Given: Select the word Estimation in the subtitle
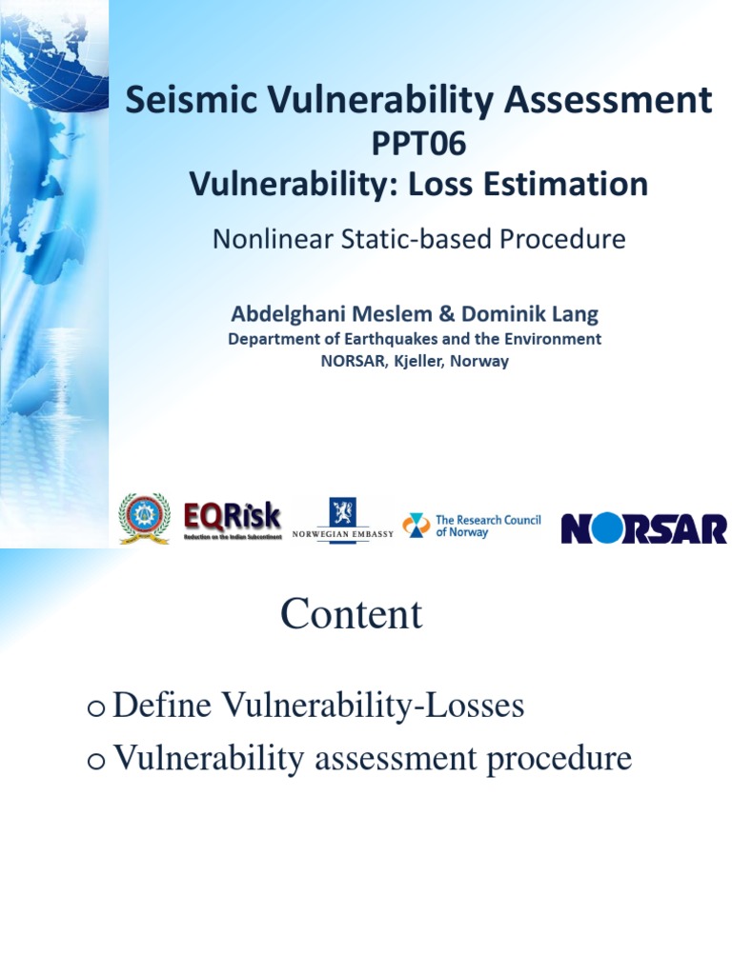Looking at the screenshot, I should pos(567,183).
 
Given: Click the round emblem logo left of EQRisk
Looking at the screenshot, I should pos(145,519).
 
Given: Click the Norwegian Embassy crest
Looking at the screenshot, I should pos(342,511).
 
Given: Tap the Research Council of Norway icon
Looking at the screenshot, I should pos(416,526).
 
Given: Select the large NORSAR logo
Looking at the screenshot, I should pos(643,528).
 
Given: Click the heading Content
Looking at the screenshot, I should pos(351,614).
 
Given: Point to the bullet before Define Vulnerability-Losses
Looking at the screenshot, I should pos(94,708).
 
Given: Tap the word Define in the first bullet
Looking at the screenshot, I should pos(164,706).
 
